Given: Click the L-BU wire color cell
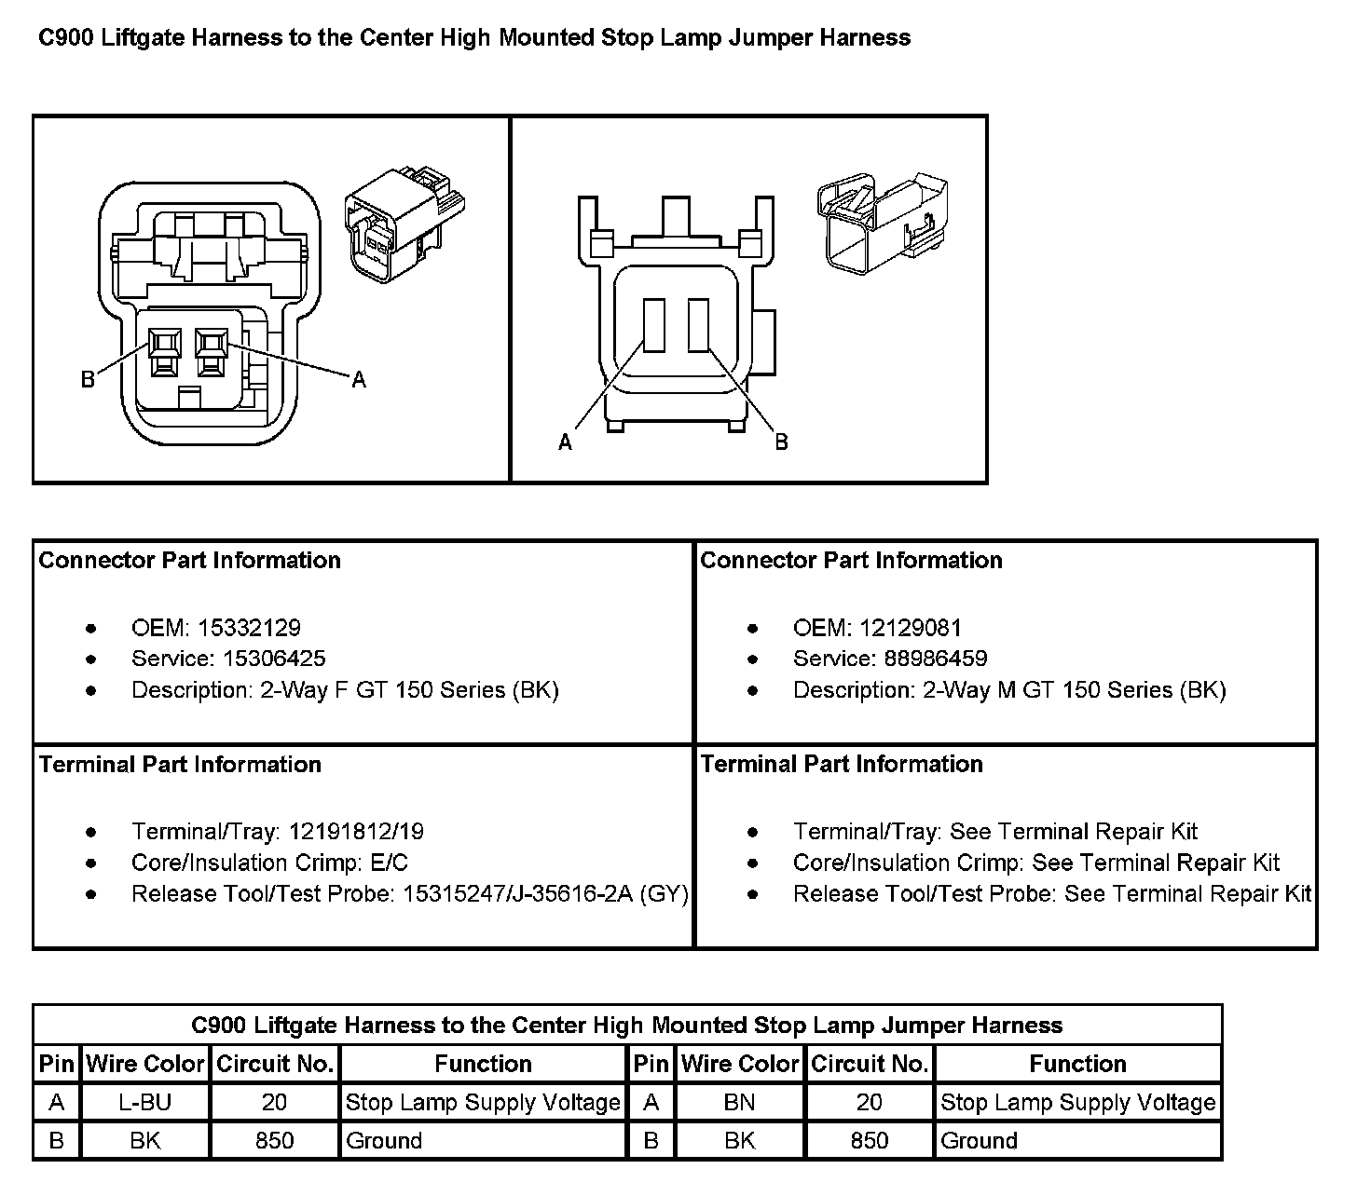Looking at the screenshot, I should [x=145, y=1102].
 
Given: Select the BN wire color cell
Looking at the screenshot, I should [x=739, y=1102].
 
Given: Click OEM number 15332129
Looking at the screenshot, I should [x=249, y=628].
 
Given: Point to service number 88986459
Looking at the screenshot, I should [x=936, y=659].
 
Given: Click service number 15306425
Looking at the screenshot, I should [x=274, y=659].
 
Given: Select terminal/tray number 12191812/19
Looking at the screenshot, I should [x=356, y=831].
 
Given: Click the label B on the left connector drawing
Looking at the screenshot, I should [x=88, y=380].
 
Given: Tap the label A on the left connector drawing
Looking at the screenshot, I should [x=359, y=379].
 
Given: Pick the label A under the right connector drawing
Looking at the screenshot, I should [x=565, y=443].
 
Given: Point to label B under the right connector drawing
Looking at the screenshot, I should [x=781, y=442].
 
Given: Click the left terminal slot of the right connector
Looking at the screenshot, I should [x=653, y=325].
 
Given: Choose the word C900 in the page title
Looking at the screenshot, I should [x=66, y=38].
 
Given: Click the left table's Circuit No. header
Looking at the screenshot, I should [x=274, y=1064].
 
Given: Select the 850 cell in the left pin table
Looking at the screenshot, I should [x=274, y=1140].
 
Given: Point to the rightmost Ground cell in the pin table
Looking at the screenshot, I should [x=979, y=1140].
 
